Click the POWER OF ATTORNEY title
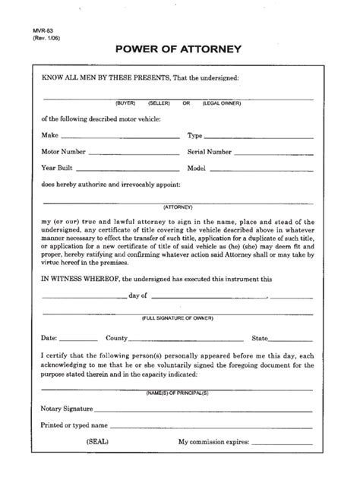click(178, 50)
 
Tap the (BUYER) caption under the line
click(126, 103)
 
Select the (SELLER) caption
click(159, 103)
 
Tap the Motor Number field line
click(129, 153)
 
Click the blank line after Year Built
click(125, 169)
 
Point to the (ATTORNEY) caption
click(178, 207)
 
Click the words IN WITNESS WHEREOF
click(74, 279)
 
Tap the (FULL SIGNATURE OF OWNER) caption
click(178, 318)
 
